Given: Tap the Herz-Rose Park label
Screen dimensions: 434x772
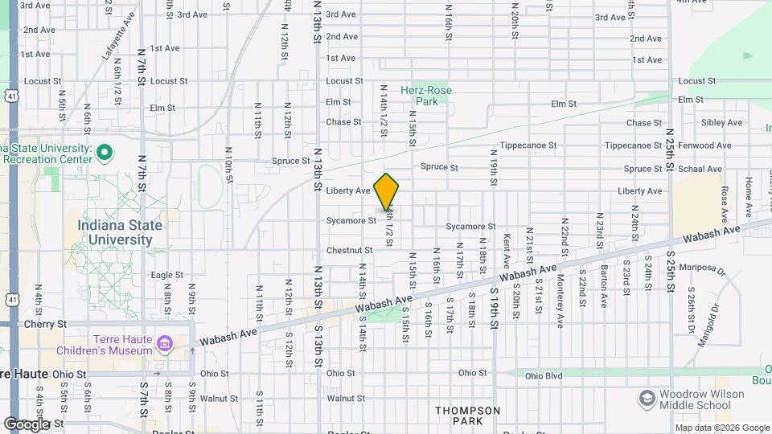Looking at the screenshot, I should click(426, 96).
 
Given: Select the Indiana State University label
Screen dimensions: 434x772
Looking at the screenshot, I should click(120, 231).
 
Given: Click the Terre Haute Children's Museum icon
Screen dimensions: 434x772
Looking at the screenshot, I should click(165, 344).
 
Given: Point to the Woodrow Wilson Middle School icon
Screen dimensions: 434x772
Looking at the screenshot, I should click(646, 399).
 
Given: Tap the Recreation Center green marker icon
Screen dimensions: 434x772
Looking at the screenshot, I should click(105, 151).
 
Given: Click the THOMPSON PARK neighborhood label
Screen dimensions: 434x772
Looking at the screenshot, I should click(467, 416).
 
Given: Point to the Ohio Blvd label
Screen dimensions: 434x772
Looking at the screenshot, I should click(544, 375).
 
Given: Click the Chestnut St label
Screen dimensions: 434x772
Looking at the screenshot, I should click(349, 251).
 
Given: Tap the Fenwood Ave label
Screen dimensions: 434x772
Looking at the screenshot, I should click(705, 145).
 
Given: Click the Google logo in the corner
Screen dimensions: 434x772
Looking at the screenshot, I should click(27, 424).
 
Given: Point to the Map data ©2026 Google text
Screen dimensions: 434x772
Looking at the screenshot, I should click(722, 428).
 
